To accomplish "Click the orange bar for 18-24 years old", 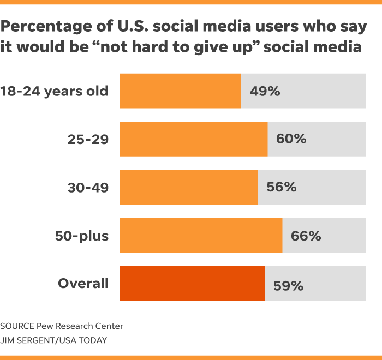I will point(180,91).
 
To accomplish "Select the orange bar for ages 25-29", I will point(194,139).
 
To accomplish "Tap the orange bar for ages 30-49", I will point(189,187).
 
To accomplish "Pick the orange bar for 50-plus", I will point(201,235).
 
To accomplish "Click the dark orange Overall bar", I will point(192,283).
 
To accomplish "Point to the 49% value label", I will point(265,91).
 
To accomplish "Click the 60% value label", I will point(291,139).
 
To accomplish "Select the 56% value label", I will point(281,187).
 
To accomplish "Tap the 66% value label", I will point(306,236).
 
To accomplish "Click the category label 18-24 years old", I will point(55,91).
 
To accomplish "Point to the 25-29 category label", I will point(88,139).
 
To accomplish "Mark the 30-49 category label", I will point(88,187).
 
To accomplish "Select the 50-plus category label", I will point(82,236).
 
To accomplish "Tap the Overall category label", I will point(83,284).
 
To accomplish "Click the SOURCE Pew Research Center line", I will point(62,326).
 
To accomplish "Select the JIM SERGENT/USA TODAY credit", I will point(53,340).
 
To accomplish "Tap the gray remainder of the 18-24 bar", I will point(327,91).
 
